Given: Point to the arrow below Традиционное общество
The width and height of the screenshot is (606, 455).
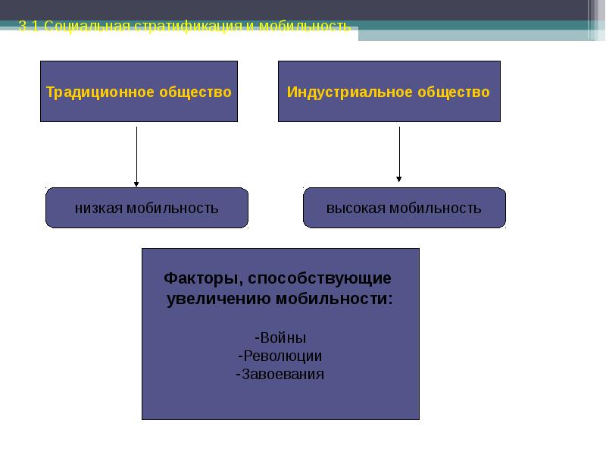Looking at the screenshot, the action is coord(136,155).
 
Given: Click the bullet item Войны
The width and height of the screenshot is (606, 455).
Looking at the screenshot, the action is coord(281,338).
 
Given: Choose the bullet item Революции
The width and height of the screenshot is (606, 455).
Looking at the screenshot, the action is coord(280,356).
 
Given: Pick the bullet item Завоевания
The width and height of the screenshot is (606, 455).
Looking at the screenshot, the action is coord(280,374).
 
